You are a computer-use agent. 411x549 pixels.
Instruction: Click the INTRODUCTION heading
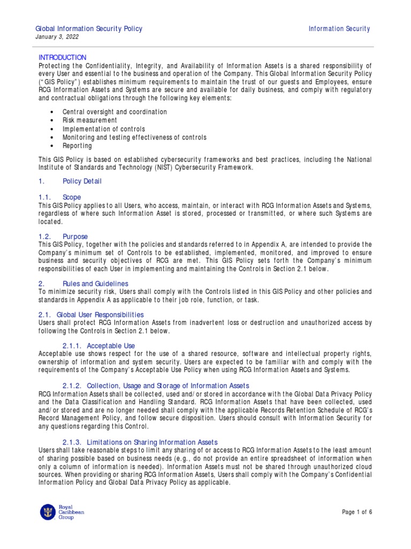[x=62, y=57]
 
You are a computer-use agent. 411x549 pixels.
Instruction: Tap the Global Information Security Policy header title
[x=88, y=28]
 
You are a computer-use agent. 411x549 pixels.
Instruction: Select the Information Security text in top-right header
[x=339, y=28]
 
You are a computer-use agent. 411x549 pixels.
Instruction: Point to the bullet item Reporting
[x=77, y=146]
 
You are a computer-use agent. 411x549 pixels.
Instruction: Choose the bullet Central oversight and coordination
[x=115, y=112]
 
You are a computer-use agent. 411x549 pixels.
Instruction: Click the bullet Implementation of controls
[x=103, y=129]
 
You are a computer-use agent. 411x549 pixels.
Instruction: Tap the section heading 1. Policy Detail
[x=70, y=181]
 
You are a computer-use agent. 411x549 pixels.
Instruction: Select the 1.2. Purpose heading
[x=62, y=236]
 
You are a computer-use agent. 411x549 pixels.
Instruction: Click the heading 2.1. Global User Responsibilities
[x=91, y=314]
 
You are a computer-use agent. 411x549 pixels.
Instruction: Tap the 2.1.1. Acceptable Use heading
[x=98, y=345]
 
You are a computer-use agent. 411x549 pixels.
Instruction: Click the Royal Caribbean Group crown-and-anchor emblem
[x=48, y=513]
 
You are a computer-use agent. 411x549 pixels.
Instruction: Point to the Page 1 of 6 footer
[x=357, y=512]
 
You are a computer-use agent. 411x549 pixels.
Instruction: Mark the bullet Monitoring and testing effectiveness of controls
[x=134, y=137]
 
